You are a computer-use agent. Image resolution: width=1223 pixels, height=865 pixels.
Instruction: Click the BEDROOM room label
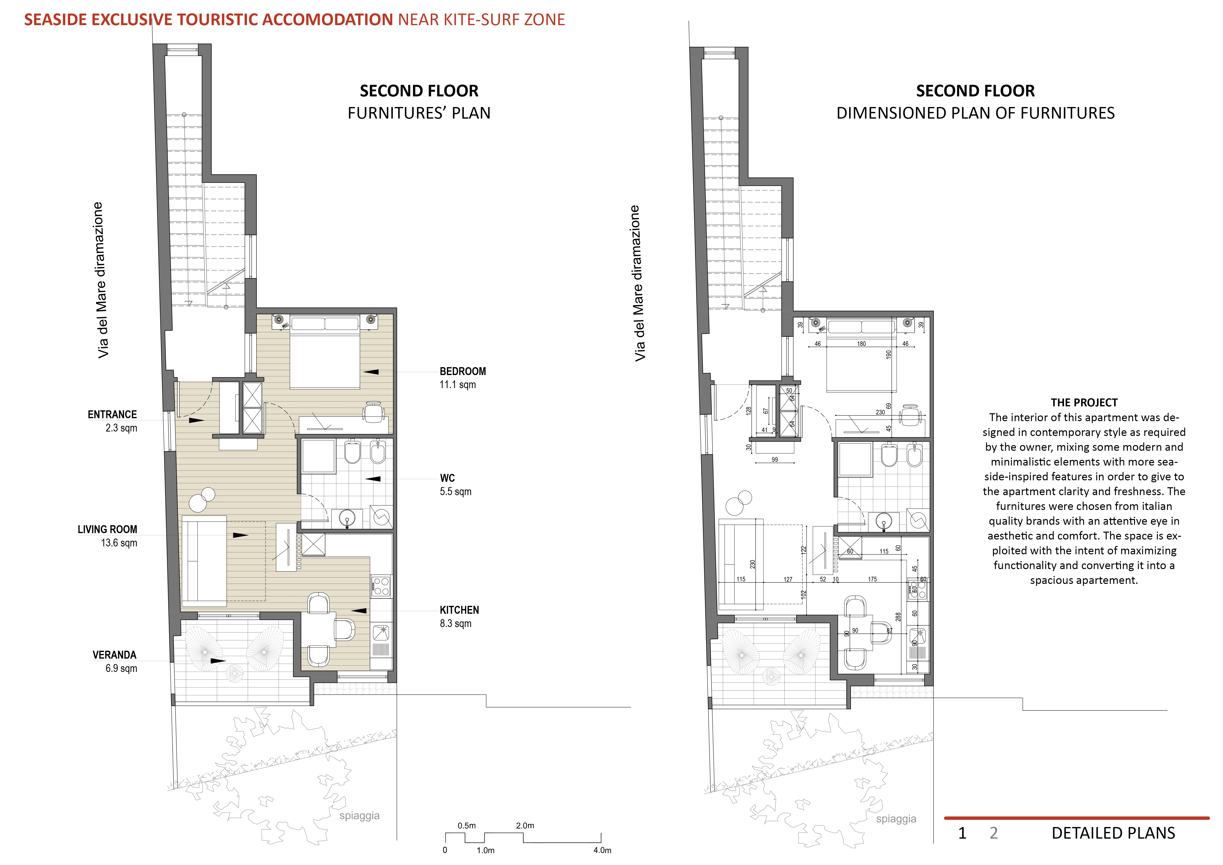tap(462, 371)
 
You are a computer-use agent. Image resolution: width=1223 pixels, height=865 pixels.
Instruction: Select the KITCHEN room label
tap(459, 610)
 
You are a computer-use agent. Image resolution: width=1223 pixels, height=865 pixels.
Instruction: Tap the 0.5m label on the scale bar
tap(467, 826)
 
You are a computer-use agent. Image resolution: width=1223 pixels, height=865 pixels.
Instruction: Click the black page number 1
tap(962, 833)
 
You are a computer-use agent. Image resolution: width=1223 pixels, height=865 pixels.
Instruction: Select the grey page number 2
tap(993, 833)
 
